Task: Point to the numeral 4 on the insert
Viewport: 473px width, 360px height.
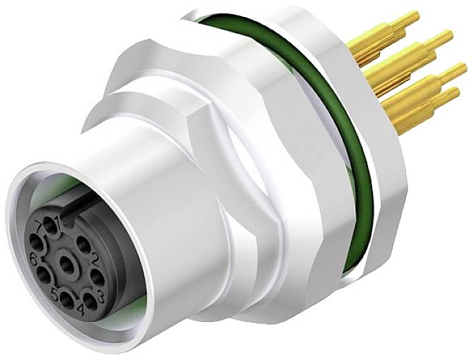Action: (80, 309)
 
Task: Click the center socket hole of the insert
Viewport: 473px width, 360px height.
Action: (67, 265)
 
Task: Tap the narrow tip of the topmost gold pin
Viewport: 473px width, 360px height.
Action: (413, 16)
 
